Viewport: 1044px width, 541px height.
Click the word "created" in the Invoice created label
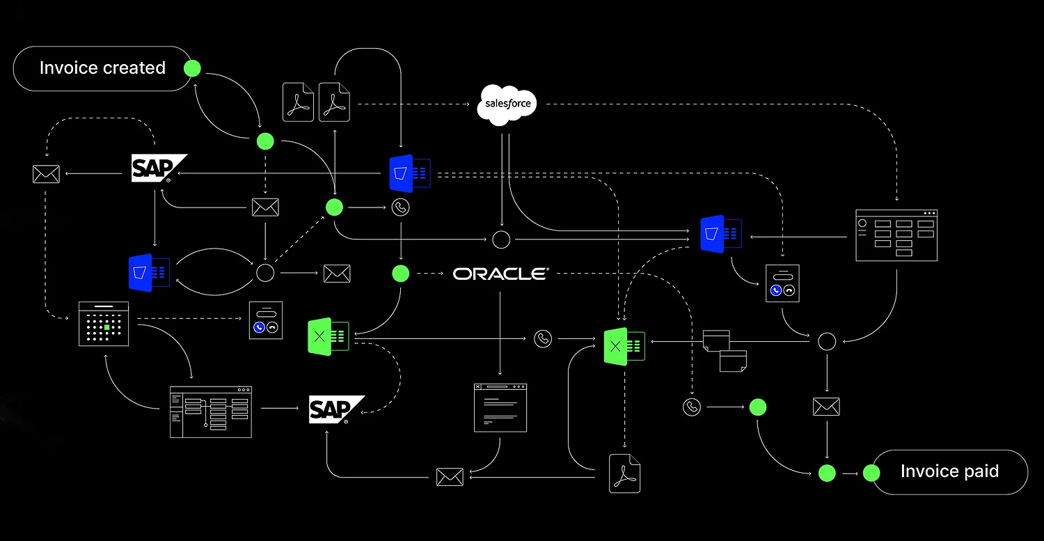tap(134, 68)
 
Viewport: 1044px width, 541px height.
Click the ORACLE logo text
tap(500, 274)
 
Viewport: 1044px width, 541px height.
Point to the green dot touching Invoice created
tap(192, 68)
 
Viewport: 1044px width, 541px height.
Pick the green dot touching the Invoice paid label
tap(871, 473)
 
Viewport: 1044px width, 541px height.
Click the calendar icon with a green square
tap(104, 324)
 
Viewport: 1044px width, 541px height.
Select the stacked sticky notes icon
tap(725, 350)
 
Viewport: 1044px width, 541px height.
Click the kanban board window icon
tap(896, 235)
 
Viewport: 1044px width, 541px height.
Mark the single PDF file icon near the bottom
tap(624, 473)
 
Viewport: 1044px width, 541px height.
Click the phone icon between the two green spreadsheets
tap(543, 339)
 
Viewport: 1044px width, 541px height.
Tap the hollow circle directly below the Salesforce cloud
tap(501, 240)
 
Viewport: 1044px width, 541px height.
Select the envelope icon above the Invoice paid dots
tap(826, 407)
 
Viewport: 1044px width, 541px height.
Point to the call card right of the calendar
tap(266, 320)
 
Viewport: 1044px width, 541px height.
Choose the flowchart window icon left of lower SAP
tap(210, 411)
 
